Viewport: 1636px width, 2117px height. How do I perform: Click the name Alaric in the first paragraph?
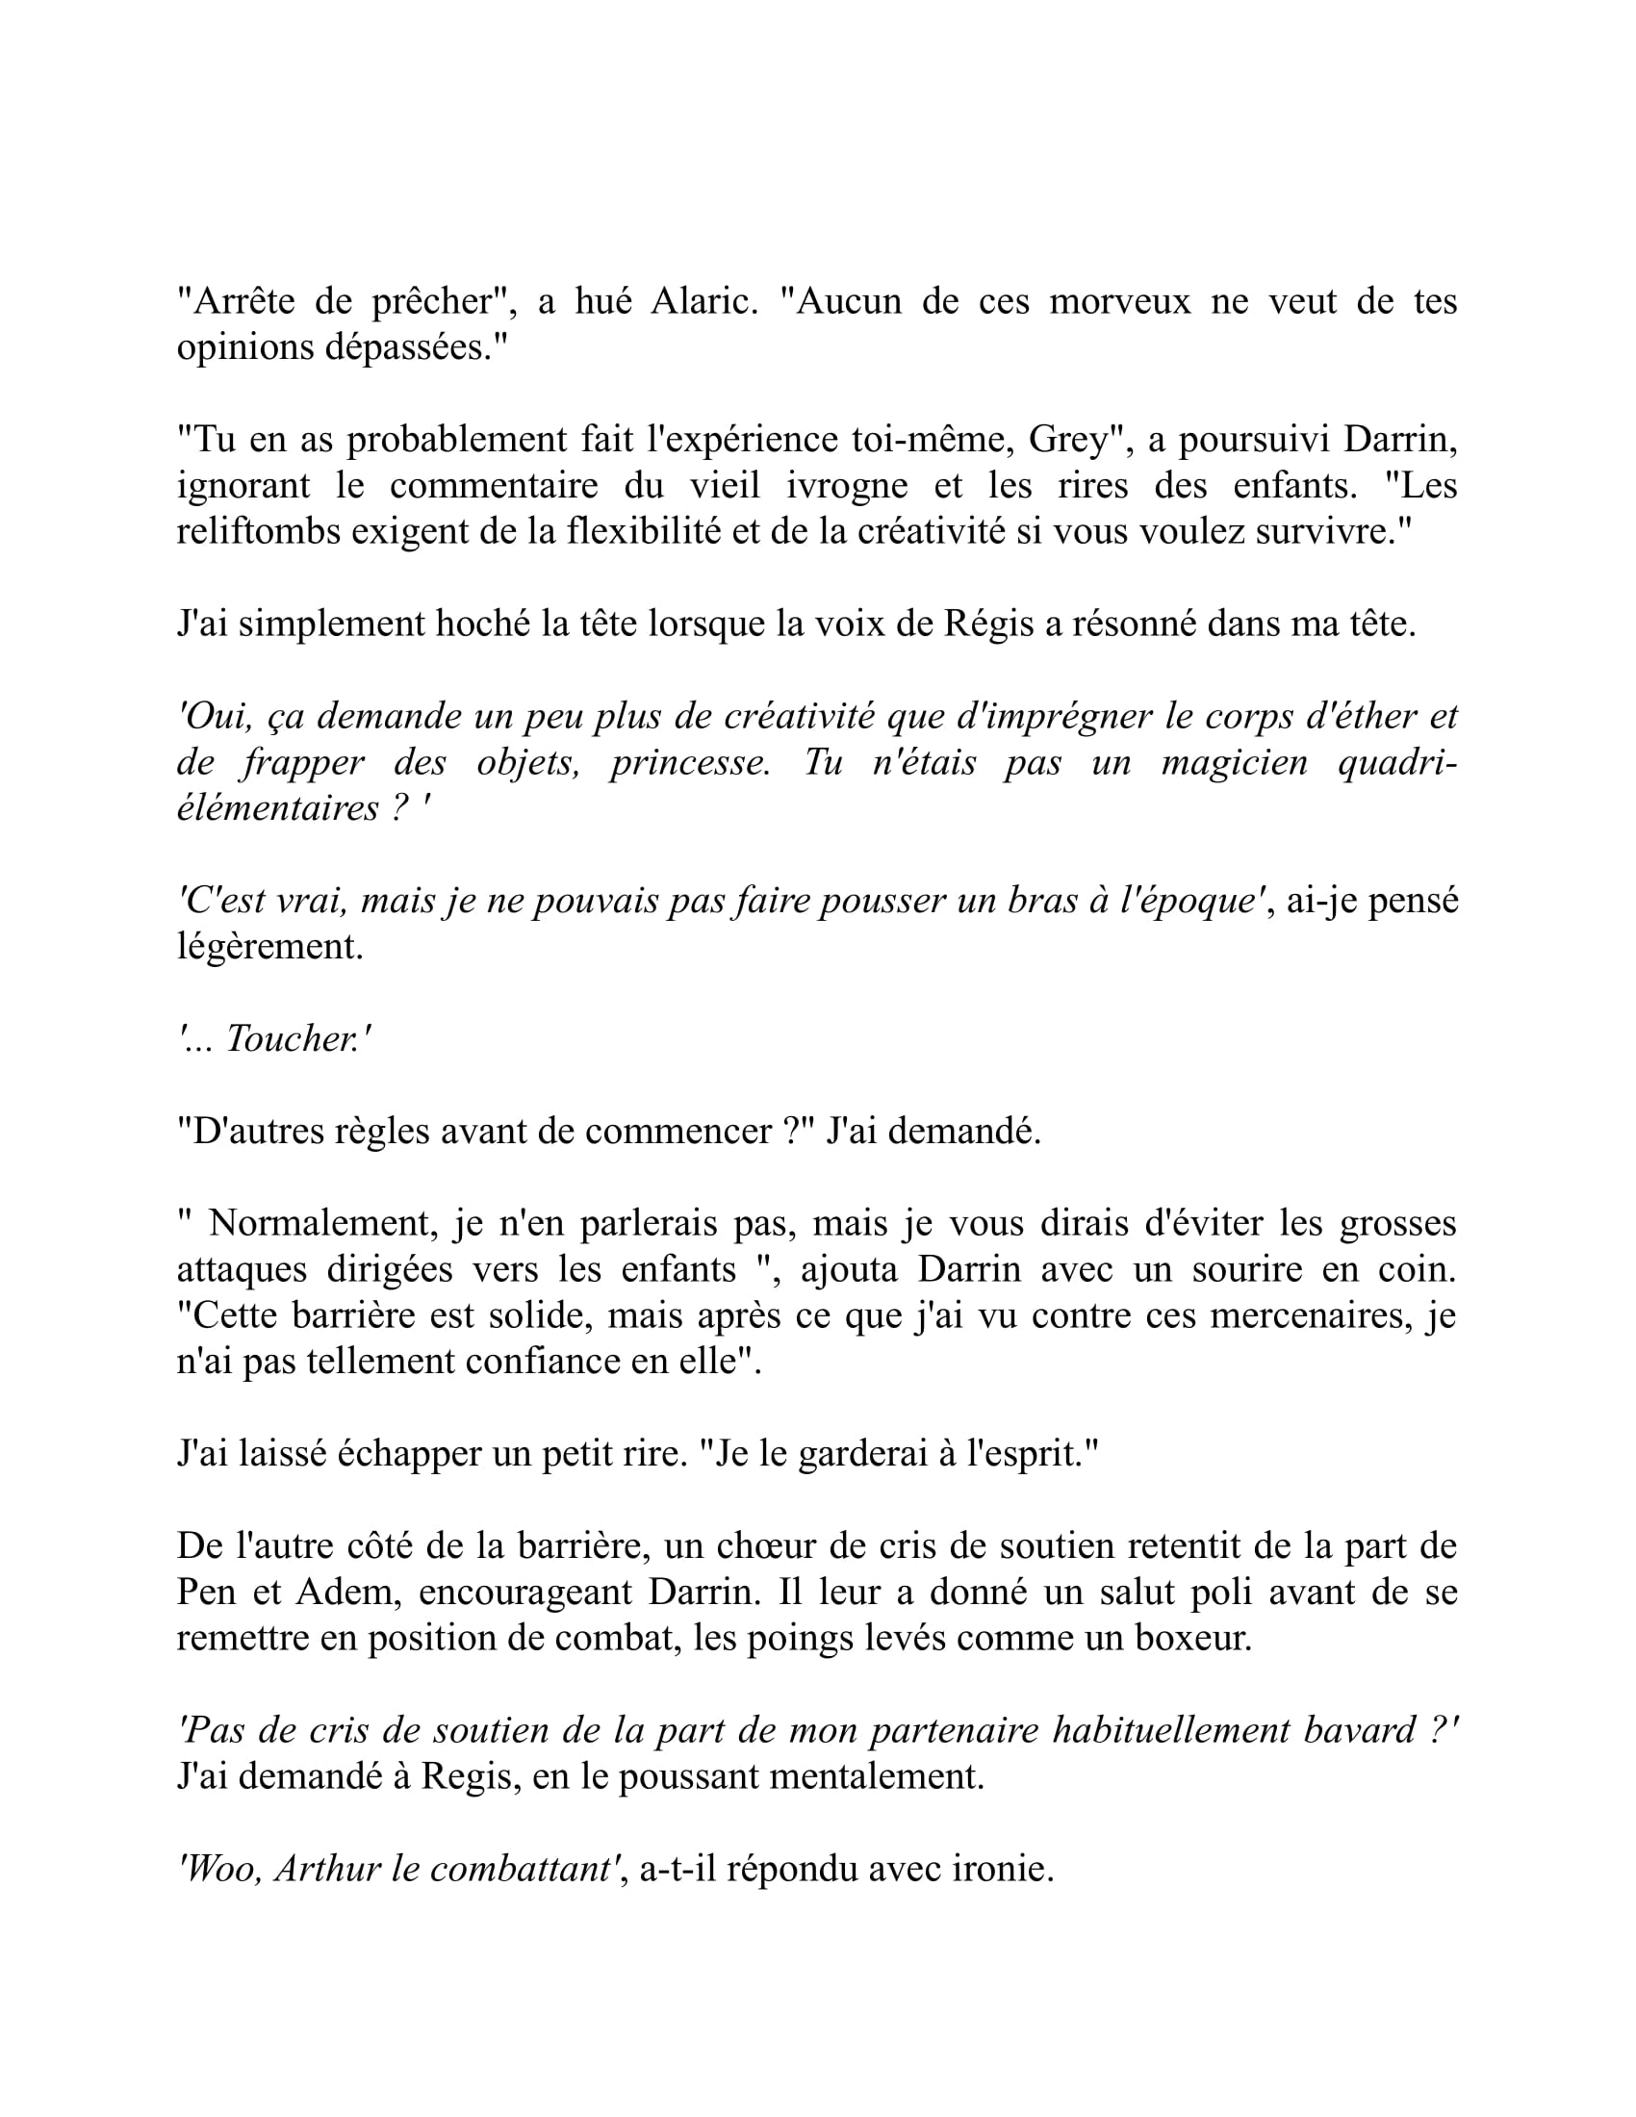703,301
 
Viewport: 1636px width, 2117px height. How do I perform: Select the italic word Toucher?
292,1038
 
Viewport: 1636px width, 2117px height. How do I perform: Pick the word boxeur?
1194,1637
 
